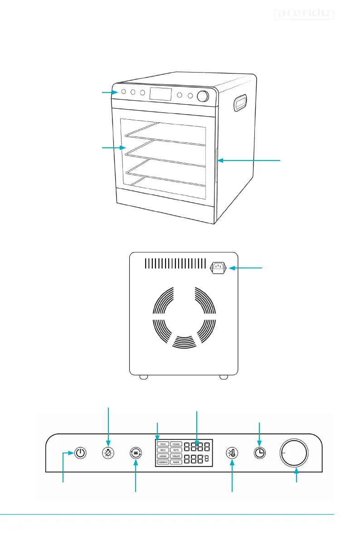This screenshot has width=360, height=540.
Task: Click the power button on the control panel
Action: pos(80,453)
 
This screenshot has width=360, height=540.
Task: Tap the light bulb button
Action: pos(108,453)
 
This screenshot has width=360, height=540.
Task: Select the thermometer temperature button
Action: pos(232,453)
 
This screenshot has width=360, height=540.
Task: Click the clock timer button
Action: pos(259,453)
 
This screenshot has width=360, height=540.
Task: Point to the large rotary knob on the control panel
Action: pos(294,452)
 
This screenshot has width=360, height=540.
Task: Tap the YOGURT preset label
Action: pos(176,456)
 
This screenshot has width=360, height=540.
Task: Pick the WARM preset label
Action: pos(176,462)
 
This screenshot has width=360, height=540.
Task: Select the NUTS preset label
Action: pos(176,450)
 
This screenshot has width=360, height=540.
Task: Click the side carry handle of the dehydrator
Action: pos(240,102)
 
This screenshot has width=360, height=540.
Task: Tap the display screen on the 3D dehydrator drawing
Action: pos(161,94)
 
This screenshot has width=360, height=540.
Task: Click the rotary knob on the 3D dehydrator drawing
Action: pos(203,97)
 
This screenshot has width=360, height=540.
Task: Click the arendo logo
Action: pos(304,15)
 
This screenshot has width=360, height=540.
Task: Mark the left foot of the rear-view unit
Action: pos(143,376)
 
